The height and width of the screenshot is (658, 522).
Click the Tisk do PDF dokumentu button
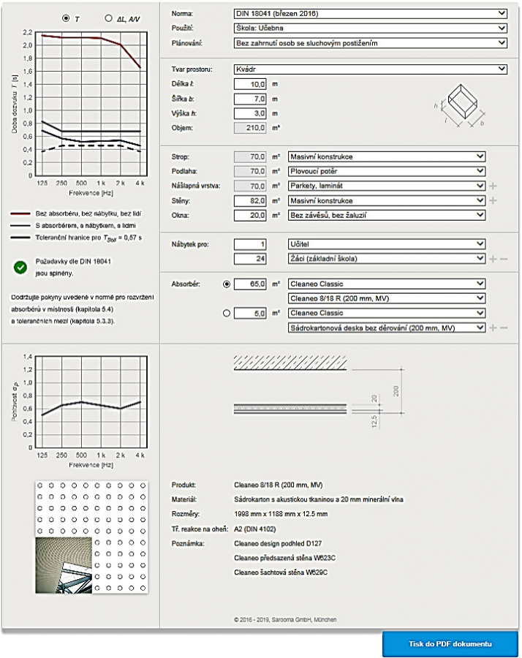point(450,643)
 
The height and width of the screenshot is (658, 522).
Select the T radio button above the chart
point(67,18)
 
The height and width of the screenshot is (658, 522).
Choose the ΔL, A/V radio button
point(109,18)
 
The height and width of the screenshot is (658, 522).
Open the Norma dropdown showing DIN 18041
point(371,13)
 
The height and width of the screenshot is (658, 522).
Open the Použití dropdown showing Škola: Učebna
point(371,28)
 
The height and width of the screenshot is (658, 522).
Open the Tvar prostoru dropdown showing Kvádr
point(371,69)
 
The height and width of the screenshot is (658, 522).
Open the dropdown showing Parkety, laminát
point(387,186)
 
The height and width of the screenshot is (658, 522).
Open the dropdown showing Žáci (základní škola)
point(387,258)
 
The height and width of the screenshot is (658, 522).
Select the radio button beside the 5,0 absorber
point(226,314)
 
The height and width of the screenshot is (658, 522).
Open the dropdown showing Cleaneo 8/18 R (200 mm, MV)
point(387,298)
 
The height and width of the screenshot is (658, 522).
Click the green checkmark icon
point(20,267)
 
